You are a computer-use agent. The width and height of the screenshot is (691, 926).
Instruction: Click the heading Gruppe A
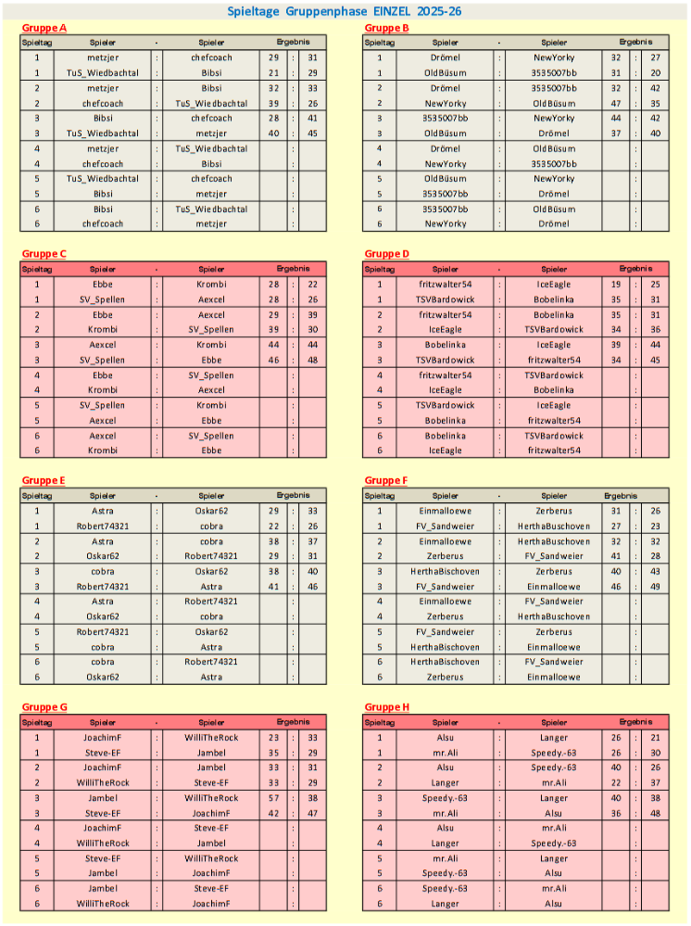(44, 28)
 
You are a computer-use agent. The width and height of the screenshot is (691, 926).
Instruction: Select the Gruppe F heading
(386, 480)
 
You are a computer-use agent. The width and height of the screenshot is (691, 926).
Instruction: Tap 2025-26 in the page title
(442, 11)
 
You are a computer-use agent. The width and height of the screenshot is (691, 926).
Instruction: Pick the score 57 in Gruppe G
(274, 798)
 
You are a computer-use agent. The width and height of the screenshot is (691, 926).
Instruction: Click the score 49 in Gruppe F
(655, 587)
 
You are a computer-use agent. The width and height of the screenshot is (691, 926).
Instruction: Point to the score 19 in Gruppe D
(616, 285)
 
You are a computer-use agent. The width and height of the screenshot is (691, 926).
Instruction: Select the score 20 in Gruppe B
(655, 72)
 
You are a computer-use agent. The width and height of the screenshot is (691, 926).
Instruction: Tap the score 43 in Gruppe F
(655, 572)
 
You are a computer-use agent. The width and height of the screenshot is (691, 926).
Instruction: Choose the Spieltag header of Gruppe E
(37, 495)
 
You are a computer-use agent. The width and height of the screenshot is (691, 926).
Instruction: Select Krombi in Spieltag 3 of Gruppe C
(211, 345)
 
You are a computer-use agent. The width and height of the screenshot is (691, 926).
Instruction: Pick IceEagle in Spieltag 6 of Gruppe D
(446, 450)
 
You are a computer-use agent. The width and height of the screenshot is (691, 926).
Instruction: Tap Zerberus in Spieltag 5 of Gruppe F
(554, 632)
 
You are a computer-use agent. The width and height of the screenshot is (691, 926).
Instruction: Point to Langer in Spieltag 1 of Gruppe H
(554, 738)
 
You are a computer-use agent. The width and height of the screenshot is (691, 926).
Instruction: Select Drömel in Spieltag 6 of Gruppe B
(554, 223)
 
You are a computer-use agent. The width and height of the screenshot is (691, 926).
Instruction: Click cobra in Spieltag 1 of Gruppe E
(211, 526)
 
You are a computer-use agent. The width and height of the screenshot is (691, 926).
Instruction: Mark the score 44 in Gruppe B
(616, 118)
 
